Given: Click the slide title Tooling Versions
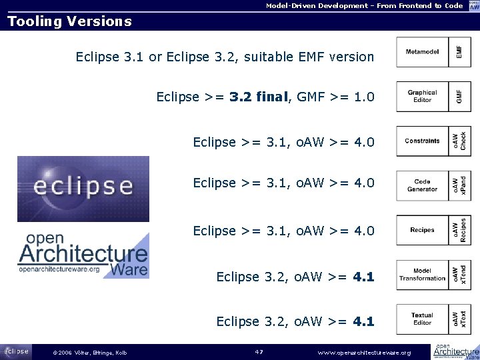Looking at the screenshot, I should click(x=69, y=21).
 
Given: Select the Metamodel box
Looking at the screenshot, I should click(x=422, y=52).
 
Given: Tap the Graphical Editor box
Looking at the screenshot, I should click(x=422, y=97).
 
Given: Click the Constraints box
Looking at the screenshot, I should click(x=422, y=141).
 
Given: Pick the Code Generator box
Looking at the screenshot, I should click(x=422, y=185).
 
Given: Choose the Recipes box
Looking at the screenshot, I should click(x=422, y=230).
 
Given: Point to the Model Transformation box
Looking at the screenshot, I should click(x=422, y=275).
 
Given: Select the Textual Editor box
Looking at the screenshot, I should click(x=422, y=319).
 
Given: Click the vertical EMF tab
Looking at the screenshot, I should click(x=460, y=52).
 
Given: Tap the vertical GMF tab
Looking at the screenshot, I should click(x=460, y=97).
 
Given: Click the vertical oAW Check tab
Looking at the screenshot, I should click(x=460, y=141).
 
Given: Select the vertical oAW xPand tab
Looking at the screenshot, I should click(x=460, y=185).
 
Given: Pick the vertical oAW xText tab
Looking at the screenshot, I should click(x=460, y=319).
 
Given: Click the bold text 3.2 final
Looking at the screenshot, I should click(x=257, y=97).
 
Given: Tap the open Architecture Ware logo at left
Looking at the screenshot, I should click(x=83, y=254).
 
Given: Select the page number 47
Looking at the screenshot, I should click(x=259, y=352).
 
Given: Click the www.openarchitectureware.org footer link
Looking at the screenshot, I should click(x=364, y=352).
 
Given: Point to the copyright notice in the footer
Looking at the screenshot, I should click(x=89, y=353).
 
